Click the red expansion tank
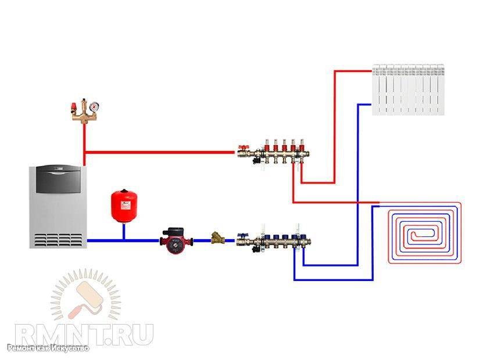[x=124, y=206]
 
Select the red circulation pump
[x=176, y=240]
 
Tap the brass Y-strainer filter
[x=218, y=238]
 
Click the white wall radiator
[x=409, y=89]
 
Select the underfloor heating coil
[x=425, y=233]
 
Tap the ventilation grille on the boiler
[x=58, y=240]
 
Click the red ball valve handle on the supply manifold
[x=242, y=147]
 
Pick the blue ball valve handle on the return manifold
[x=242, y=235]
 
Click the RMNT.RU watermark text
[x=84, y=335]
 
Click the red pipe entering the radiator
[x=353, y=71]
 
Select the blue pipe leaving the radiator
[x=365, y=105]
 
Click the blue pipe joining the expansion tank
[x=124, y=231]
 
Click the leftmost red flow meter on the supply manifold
[x=267, y=145]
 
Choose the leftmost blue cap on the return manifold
[x=267, y=237]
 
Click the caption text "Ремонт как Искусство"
[x=48, y=348]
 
